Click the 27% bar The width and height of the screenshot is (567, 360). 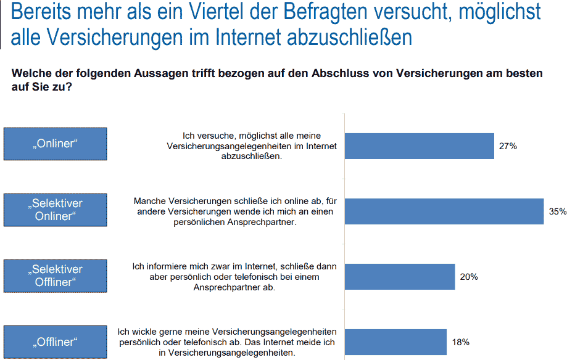419,146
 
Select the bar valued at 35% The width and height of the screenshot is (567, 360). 444,211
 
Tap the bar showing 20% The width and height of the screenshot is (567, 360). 399,277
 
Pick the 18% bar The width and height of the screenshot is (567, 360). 395,342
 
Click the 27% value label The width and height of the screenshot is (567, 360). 508,146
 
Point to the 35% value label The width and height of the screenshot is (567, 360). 557,211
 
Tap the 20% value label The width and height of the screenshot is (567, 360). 469,277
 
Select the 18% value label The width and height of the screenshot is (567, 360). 460,342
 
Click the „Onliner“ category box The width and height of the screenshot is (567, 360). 55,144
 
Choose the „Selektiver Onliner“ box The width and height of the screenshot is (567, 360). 55,210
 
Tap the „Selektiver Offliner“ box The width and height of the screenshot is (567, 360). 55,276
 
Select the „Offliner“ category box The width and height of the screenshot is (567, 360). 55,341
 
